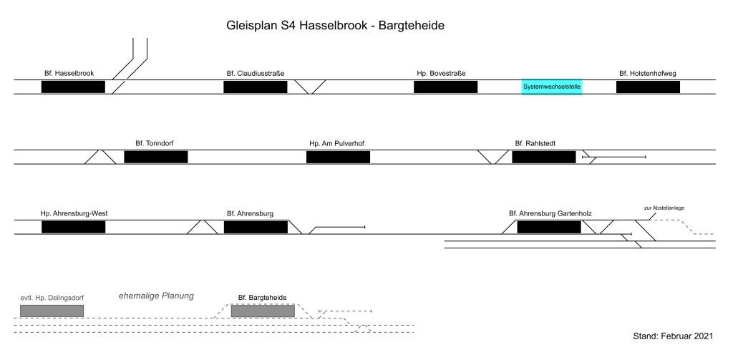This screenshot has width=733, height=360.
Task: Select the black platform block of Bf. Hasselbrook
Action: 73,87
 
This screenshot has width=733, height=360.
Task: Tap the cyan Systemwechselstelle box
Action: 551,87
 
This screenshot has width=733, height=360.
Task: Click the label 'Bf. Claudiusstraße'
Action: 256,73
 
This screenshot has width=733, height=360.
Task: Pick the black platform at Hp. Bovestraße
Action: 445,87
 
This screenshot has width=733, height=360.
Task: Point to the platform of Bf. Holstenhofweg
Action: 648,87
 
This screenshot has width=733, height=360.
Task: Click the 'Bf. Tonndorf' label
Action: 154,143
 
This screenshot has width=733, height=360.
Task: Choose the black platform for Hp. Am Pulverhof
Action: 338,157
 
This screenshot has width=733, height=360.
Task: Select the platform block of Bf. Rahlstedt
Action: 543,157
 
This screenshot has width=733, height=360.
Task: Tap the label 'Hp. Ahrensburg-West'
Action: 74,213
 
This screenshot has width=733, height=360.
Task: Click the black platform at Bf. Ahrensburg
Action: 256,227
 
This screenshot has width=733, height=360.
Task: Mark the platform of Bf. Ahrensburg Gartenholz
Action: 549,227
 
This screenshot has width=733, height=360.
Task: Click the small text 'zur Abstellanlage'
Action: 665,208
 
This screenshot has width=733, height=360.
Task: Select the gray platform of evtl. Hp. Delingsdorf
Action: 52,311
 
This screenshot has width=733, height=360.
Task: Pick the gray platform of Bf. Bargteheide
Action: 263,311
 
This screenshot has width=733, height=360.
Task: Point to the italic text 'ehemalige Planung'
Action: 156,296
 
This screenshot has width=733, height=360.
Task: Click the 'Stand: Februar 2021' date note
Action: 674,336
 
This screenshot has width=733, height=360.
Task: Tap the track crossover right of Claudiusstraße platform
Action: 311,87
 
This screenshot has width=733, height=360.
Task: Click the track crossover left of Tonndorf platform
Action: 100,157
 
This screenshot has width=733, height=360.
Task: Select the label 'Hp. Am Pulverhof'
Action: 337,143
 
